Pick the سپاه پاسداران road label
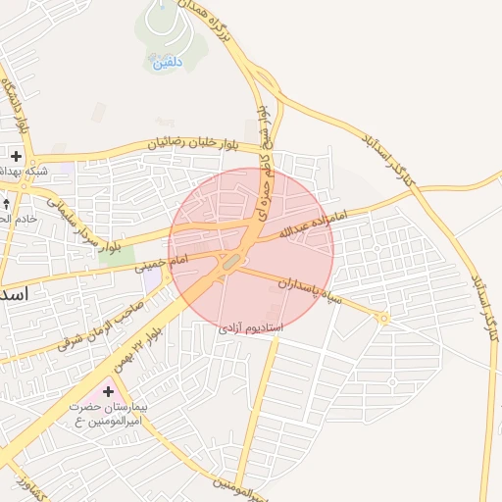click(310, 289)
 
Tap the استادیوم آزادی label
click(250, 325)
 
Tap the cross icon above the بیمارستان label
click(107, 391)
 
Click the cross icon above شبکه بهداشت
click(17, 156)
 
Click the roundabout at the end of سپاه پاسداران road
click(383, 318)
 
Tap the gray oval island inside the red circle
click(231, 263)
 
